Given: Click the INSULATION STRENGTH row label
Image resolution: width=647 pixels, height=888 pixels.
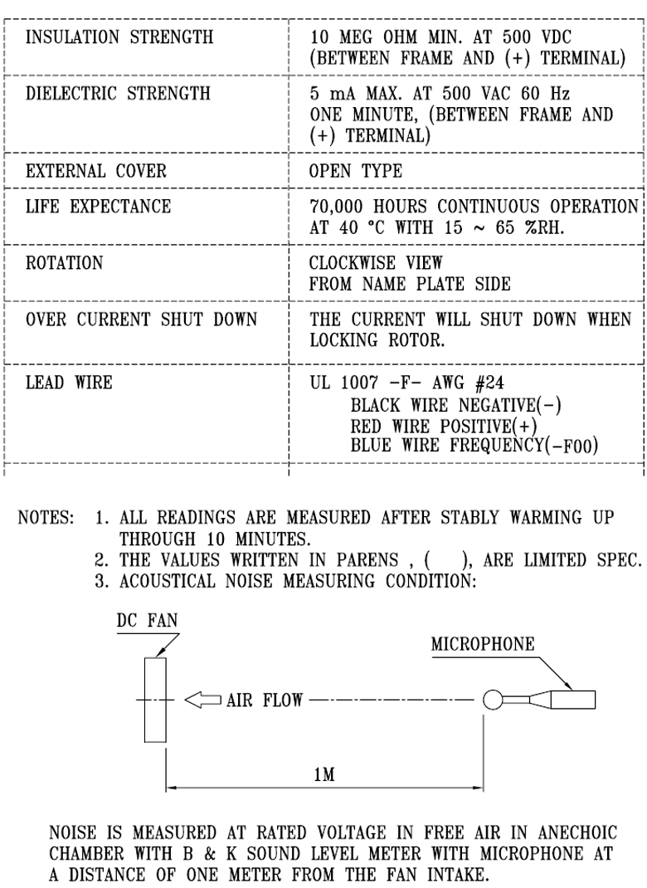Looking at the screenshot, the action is tap(119, 37).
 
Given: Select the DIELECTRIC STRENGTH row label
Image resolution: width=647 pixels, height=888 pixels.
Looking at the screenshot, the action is tap(118, 93).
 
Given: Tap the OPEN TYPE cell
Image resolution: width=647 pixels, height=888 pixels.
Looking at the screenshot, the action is tap(356, 170).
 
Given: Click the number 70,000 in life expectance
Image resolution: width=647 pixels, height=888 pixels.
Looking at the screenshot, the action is tap(336, 207).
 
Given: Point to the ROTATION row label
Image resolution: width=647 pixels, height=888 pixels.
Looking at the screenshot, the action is tap(64, 263).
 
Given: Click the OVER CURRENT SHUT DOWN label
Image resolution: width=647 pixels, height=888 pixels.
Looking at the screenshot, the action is tap(141, 320).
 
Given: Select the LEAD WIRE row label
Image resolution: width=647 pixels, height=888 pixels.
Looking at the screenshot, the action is tap(69, 383).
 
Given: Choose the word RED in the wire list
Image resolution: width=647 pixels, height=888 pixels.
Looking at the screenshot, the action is tap(366, 426).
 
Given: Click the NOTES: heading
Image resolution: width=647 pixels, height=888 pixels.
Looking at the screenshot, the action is tap(46, 518).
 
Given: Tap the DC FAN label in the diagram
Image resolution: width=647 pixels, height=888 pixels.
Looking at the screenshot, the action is tap(147, 620).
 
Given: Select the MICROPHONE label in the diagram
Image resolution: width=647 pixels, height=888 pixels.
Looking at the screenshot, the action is tap(482, 644).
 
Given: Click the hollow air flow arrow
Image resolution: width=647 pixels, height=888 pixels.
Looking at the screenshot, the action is tap(202, 700).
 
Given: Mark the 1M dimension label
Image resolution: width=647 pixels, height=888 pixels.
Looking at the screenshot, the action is tap(324, 773).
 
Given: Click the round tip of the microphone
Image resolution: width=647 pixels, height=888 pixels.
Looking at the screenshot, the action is tap(493, 700).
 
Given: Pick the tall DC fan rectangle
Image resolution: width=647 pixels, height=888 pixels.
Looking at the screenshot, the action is tap(155, 700).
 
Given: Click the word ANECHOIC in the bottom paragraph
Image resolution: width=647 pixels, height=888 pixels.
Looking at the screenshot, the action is tap(577, 832).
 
